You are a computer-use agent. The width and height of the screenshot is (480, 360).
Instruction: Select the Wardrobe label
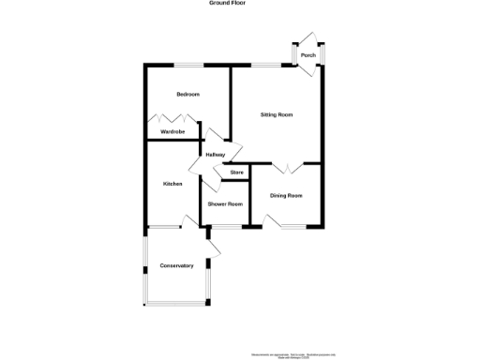click(x=171, y=132)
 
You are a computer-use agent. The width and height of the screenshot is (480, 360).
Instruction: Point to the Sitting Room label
click(x=277, y=114)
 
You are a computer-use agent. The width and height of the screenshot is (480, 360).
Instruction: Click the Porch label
click(x=307, y=55)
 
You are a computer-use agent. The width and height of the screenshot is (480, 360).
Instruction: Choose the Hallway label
click(x=216, y=155)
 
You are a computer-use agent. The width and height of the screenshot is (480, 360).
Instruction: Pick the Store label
click(x=236, y=172)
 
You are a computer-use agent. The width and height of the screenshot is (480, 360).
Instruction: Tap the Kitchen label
click(x=172, y=184)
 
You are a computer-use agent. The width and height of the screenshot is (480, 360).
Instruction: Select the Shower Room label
click(x=225, y=204)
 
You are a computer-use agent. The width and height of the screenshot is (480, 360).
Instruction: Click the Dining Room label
click(x=286, y=195)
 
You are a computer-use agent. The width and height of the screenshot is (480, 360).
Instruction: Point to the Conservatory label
click(x=176, y=265)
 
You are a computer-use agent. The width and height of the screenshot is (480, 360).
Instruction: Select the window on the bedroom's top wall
click(x=189, y=65)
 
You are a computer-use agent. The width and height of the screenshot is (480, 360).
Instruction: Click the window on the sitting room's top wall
click(x=270, y=65)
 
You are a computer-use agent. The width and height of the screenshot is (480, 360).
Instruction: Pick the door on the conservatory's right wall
click(x=214, y=247)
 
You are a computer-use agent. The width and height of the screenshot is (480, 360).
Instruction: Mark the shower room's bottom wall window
click(x=226, y=227)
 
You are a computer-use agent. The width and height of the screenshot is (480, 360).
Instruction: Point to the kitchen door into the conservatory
click(x=189, y=221)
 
